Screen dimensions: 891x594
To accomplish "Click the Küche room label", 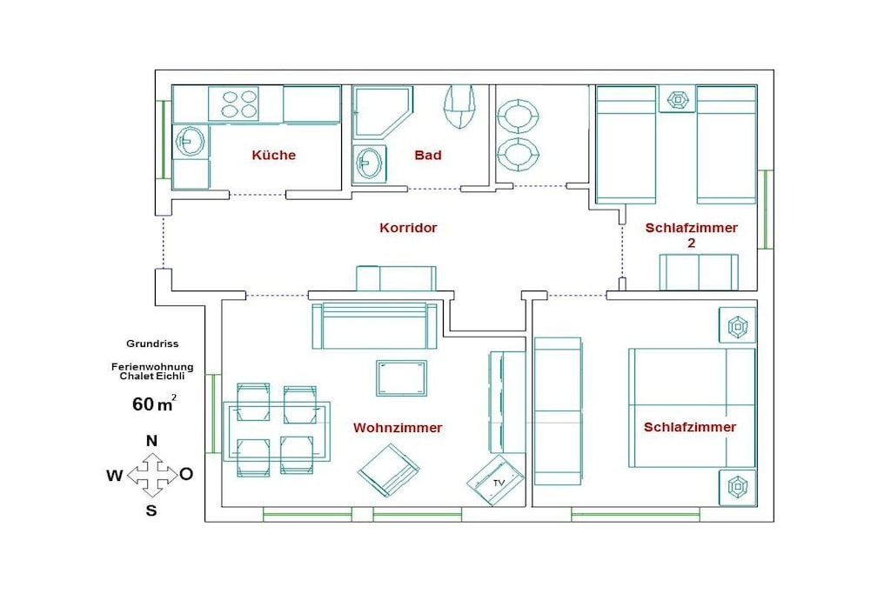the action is click(x=274, y=155).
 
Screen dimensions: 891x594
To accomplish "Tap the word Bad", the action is click(x=428, y=155).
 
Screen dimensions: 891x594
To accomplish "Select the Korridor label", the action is click(x=408, y=228).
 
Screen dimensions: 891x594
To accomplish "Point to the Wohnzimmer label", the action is click(x=398, y=428).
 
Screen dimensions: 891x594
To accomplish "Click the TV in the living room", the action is click(x=495, y=480).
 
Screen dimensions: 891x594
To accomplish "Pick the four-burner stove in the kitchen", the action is click(x=233, y=103).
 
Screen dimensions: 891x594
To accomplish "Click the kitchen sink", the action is click(x=190, y=140).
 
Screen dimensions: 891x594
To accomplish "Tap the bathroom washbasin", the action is click(x=369, y=164).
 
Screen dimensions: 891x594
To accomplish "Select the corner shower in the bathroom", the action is click(x=381, y=112).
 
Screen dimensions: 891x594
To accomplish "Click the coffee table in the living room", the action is click(x=401, y=377).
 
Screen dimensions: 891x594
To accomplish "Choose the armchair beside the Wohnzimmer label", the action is click(x=389, y=471).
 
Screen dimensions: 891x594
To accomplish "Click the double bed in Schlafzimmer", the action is click(x=692, y=408).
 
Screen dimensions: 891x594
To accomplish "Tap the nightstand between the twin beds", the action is click(x=677, y=99).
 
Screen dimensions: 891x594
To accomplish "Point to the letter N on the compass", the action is click(x=151, y=441).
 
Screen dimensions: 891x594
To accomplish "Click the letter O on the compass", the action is click(x=186, y=474).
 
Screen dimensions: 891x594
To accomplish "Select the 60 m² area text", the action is click(x=154, y=404).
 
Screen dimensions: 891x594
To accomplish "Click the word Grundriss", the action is click(x=152, y=344).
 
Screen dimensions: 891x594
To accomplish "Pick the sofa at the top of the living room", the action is click(x=374, y=324).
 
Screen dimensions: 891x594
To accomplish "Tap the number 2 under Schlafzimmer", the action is click(x=692, y=243).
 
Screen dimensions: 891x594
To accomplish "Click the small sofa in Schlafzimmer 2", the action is click(x=699, y=272).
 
